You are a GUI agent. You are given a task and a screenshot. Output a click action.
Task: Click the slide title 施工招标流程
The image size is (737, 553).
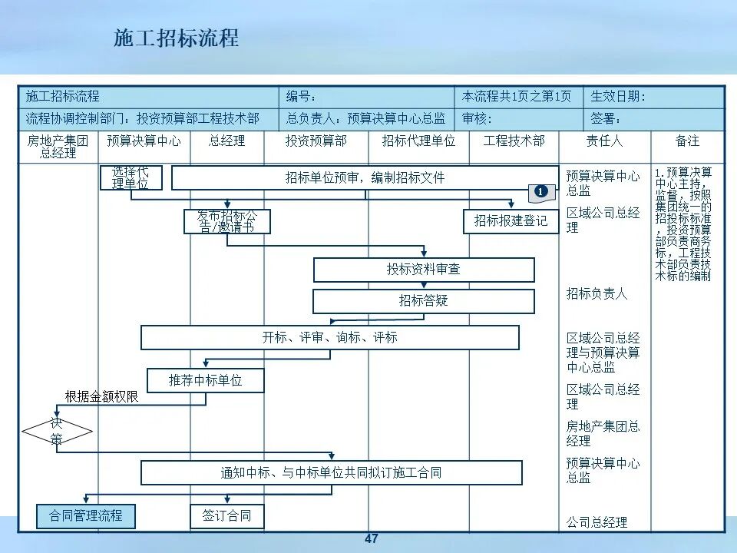176,38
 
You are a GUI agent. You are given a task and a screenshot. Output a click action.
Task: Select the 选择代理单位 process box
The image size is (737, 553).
131,177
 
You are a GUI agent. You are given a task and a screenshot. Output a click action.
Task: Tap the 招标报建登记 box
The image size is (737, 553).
511,221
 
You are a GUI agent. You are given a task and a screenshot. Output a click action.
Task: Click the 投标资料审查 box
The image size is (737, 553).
423,270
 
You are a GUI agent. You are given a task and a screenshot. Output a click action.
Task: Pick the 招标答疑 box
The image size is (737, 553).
423,300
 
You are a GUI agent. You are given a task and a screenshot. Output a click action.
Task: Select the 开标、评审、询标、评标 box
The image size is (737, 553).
329,337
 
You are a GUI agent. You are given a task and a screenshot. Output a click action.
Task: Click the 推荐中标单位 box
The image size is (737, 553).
205,380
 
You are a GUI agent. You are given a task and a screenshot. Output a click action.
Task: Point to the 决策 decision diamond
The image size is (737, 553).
58,432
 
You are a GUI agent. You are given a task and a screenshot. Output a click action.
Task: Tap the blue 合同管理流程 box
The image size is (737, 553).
86,516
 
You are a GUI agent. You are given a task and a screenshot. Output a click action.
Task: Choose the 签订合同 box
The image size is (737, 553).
226,516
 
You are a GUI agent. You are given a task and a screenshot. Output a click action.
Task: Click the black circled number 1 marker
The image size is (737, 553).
541,190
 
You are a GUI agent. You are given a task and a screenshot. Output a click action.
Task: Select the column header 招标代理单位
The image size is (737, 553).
418,141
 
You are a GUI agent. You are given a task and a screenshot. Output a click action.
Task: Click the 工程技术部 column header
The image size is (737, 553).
514,141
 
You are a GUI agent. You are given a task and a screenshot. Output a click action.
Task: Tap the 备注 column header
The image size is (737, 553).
687,141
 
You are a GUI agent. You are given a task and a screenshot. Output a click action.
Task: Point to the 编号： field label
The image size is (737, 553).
302,97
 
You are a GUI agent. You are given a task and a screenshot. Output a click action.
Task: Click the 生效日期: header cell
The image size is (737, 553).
618,97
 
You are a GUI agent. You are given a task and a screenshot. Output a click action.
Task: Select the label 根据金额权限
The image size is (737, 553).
102,396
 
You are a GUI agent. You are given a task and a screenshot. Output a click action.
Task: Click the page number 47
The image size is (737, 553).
372,539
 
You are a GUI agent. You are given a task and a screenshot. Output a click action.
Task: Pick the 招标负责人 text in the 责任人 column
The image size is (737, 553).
597,293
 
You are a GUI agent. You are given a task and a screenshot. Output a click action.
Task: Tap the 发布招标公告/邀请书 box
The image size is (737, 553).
226,221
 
